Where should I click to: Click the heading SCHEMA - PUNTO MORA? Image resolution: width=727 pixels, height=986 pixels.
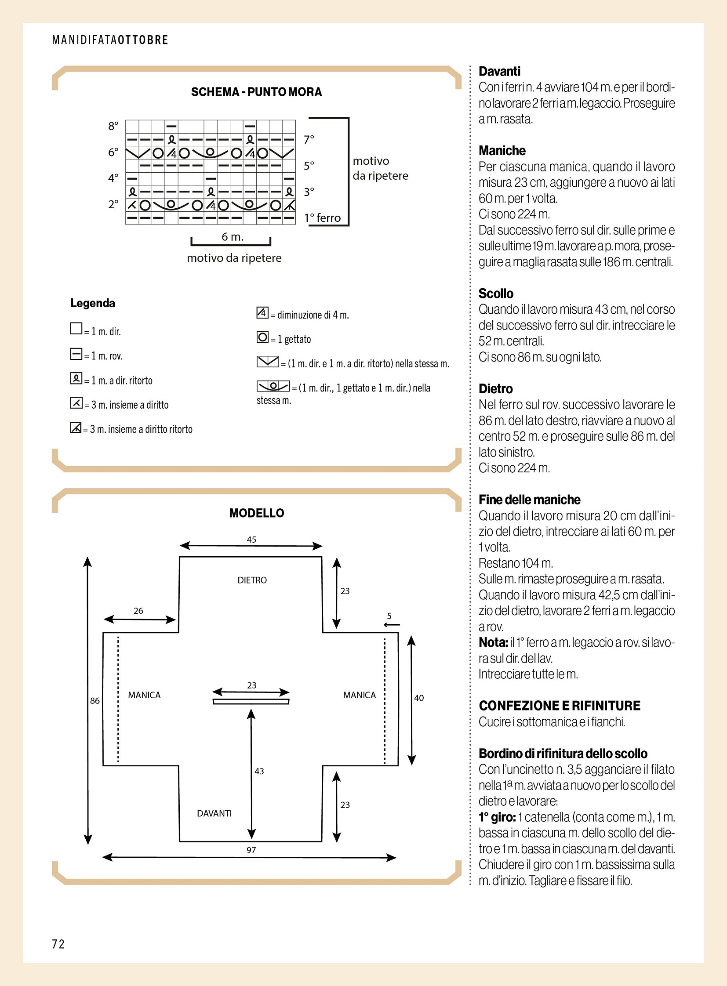click(256, 92)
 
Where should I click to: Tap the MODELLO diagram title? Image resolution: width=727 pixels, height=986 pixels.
click(257, 513)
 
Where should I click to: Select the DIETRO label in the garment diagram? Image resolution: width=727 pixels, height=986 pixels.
click(252, 580)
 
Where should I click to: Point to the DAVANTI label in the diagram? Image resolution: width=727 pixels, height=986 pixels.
click(214, 813)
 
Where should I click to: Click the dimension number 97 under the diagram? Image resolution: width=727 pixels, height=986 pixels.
click(251, 851)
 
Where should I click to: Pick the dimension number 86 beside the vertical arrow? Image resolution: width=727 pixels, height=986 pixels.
click(95, 701)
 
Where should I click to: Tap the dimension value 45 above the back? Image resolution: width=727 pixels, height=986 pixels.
click(251, 540)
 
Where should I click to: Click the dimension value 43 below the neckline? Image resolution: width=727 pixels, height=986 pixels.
click(259, 771)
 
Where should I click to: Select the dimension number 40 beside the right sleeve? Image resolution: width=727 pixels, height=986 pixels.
click(419, 698)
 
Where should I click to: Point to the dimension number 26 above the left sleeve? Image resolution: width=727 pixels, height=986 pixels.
click(138, 611)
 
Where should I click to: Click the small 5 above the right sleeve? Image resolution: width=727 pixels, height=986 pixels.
click(389, 616)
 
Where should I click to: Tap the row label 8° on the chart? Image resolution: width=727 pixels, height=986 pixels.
click(113, 126)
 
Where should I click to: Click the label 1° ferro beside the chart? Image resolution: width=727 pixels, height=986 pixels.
click(322, 218)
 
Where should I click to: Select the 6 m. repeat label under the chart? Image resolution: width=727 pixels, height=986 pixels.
click(233, 237)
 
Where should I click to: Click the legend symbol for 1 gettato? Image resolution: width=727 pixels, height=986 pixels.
click(262, 337)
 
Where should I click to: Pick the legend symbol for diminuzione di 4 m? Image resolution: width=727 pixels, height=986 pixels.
click(262, 313)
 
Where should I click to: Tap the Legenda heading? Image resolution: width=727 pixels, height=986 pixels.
click(93, 303)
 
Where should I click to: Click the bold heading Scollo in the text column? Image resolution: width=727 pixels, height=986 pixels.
click(496, 294)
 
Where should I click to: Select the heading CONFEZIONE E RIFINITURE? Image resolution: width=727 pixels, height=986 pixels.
click(560, 706)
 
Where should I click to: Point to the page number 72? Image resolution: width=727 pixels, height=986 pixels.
click(58, 944)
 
